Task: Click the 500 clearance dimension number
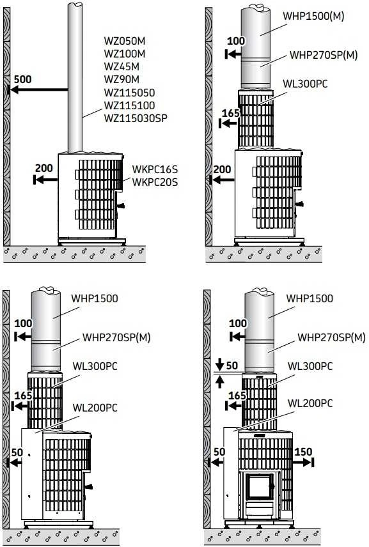(22, 79)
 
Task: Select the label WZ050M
(125, 41)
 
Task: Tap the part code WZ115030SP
(136, 118)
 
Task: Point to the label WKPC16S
(155, 169)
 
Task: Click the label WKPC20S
(155, 181)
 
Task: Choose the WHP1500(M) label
(313, 16)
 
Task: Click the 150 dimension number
(303, 452)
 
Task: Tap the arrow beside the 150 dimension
(303, 463)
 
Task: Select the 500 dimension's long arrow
(38, 89)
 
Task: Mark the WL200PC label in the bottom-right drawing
(310, 404)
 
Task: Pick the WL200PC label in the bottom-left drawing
(95, 408)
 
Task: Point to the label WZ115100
(130, 105)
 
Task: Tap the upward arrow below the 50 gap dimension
(219, 382)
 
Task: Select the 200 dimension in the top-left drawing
(44, 168)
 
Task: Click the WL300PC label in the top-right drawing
(305, 84)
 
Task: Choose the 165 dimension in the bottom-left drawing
(23, 396)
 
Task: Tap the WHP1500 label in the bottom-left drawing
(95, 298)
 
